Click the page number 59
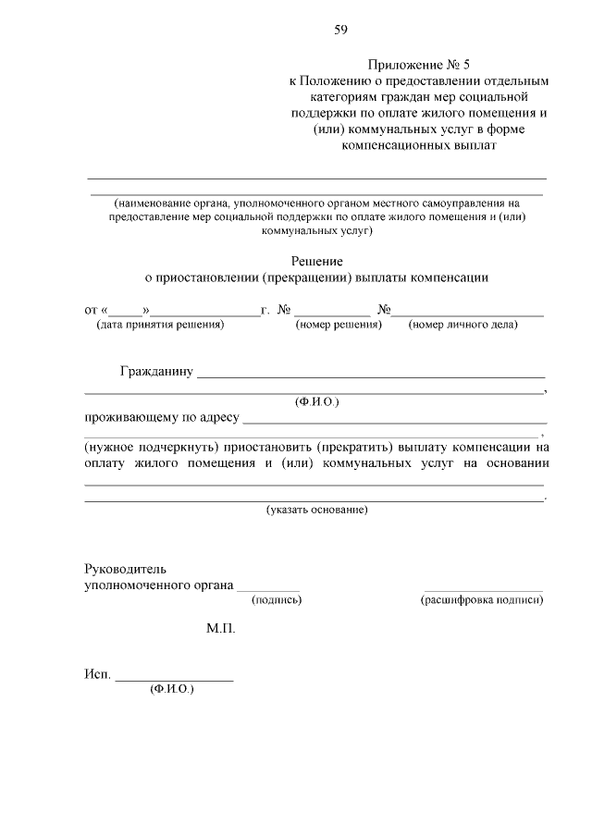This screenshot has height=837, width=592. [x=341, y=30]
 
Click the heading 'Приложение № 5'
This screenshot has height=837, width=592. [x=419, y=65]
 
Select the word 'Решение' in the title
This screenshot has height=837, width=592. [x=317, y=262]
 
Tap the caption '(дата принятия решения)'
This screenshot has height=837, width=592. [x=160, y=325]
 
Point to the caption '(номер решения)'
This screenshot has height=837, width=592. [x=338, y=325]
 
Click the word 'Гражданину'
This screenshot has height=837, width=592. [x=155, y=373]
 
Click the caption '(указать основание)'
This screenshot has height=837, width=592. [x=317, y=510]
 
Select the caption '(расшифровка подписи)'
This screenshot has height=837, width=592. [x=482, y=600]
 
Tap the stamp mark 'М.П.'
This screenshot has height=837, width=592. [x=221, y=629]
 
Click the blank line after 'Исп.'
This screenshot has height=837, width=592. [x=174, y=681]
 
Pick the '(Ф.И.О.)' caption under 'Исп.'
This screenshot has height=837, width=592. [x=171, y=690]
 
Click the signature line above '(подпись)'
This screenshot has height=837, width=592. [x=269, y=590]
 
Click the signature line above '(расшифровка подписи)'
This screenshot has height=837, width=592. [x=483, y=590]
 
